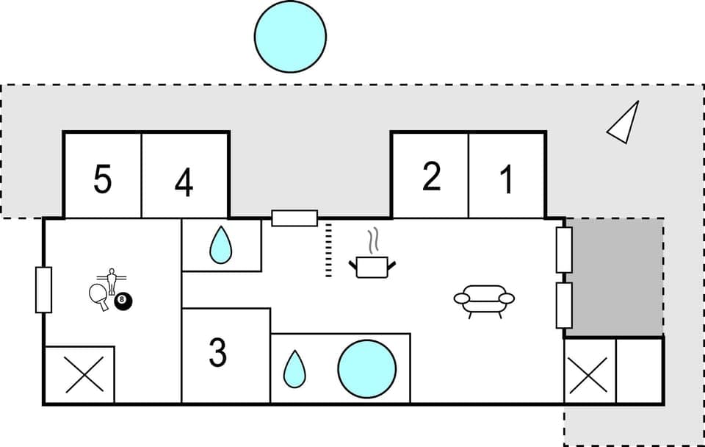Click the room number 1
click(506, 179)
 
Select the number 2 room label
click(431, 177)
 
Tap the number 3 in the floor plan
click(217, 353)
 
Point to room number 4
click(184, 182)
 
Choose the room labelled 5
click(103, 179)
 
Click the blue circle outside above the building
click(290, 36)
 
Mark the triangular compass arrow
click(623, 122)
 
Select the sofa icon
click(484, 300)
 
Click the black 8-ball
click(123, 301)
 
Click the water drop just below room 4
click(220, 246)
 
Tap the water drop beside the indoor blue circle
click(294, 369)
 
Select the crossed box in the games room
click(79, 375)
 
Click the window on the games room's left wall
click(43, 290)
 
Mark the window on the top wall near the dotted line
click(294, 218)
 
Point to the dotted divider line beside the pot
click(328, 250)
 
